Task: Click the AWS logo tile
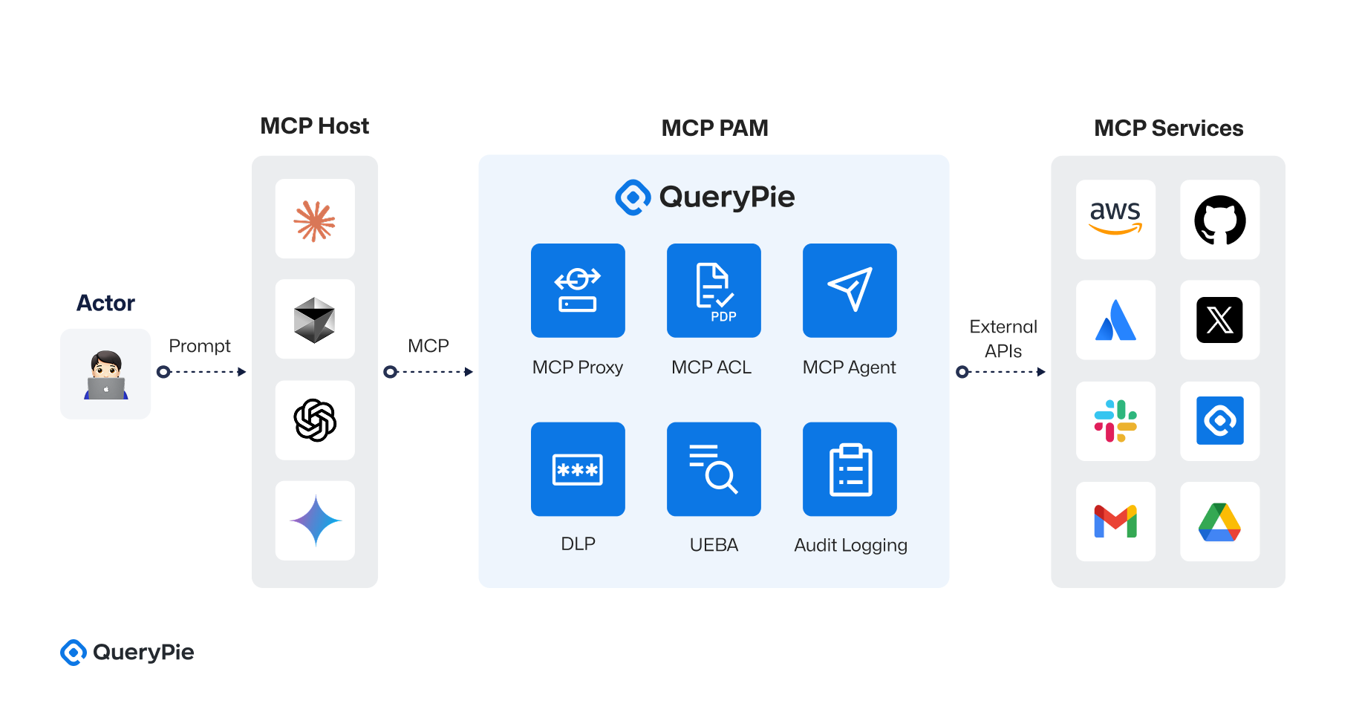(x=1115, y=220)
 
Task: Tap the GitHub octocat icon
(x=1219, y=220)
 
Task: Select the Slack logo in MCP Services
(x=1115, y=421)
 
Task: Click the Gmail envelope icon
(x=1115, y=521)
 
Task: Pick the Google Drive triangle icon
(x=1219, y=522)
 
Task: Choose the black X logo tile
(x=1219, y=320)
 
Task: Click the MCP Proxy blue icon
(x=578, y=290)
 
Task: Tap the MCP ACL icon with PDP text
(x=714, y=290)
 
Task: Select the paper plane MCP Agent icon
(x=850, y=290)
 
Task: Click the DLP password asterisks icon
(x=578, y=469)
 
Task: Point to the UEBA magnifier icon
(x=714, y=469)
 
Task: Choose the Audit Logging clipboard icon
(x=850, y=469)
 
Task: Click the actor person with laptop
(x=105, y=374)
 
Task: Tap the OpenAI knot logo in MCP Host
(x=315, y=420)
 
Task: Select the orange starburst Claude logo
(x=315, y=220)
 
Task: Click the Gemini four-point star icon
(x=315, y=520)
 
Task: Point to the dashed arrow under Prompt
(x=202, y=372)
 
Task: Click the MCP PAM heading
(x=714, y=128)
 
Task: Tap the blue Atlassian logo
(x=1115, y=320)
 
